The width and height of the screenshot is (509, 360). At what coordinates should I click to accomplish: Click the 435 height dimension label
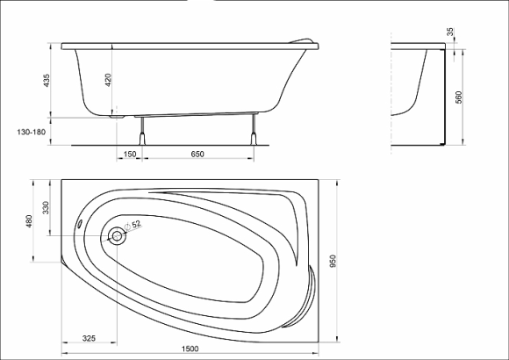(47, 81)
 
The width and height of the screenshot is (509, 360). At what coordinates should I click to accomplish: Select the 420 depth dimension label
(108, 80)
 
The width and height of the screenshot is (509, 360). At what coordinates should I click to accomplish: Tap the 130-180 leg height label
(32, 133)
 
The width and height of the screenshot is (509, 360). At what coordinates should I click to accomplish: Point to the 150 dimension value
(130, 154)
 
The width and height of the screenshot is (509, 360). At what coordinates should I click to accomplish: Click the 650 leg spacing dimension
(197, 154)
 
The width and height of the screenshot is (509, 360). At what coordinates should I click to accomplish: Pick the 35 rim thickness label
(450, 32)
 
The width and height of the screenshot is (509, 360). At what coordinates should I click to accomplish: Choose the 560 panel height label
(459, 97)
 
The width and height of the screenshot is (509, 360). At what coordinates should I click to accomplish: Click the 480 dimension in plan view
(29, 221)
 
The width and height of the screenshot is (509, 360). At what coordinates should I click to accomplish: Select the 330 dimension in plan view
(46, 207)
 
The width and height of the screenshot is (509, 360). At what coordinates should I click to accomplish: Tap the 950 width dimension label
(333, 262)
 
